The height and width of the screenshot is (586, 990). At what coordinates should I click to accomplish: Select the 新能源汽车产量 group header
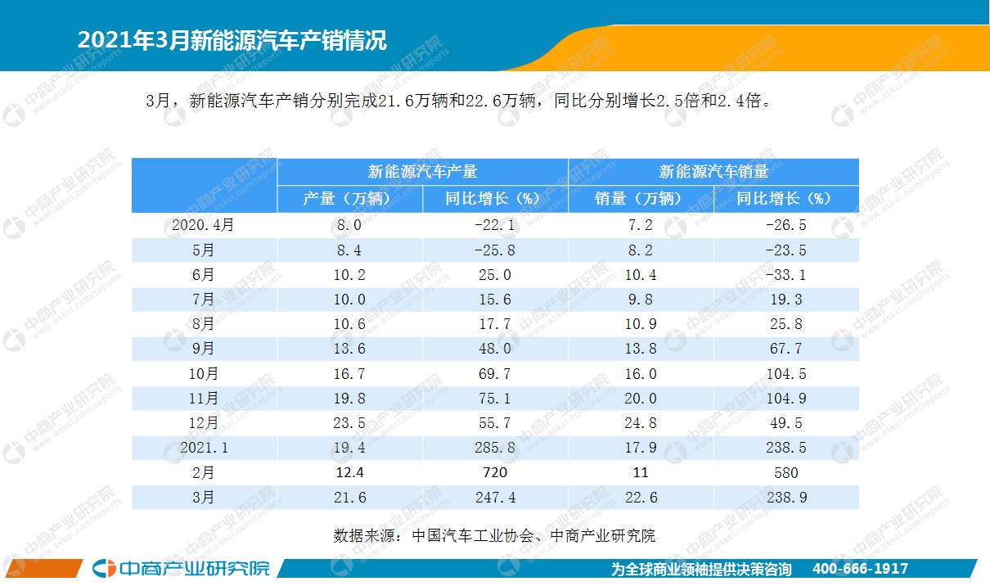click(x=422, y=172)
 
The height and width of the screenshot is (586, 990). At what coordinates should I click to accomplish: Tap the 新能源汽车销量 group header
click(x=713, y=172)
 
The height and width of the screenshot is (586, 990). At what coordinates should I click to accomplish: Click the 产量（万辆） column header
click(x=349, y=199)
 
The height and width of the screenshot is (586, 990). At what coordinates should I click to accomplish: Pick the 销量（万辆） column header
click(x=641, y=199)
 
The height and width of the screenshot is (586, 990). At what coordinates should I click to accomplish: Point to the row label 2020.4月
click(x=204, y=225)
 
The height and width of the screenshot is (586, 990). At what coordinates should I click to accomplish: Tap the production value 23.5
click(x=349, y=423)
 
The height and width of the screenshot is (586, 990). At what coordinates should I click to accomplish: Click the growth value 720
click(x=495, y=472)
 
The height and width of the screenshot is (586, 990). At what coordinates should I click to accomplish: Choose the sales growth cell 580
click(x=785, y=472)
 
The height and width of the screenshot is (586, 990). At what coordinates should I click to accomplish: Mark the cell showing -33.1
click(x=785, y=275)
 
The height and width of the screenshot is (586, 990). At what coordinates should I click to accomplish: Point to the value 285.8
click(x=495, y=448)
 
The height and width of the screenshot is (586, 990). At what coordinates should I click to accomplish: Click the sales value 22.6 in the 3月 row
click(x=641, y=497)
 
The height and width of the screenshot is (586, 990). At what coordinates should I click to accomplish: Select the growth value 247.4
click(x=495, y=497)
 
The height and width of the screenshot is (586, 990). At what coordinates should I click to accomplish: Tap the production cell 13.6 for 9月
click(x=349, y=349)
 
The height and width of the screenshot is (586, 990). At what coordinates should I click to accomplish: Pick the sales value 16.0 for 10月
click(x=641, y=374)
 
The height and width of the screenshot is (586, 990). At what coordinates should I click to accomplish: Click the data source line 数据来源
click(x=494, y=536)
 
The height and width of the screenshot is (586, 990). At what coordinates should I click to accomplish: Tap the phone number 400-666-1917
click(x=860, y=569)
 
